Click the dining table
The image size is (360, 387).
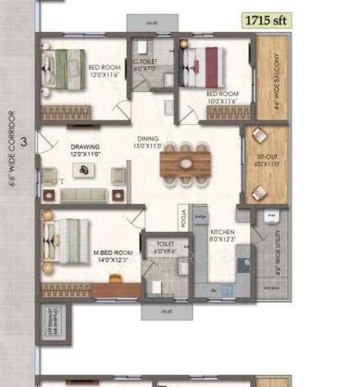pyautogui.click(x=185, y=163)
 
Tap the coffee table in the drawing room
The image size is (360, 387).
pyautogui.click(x=83, y=171)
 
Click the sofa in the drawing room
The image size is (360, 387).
pyautogui.click(x=84, y=194)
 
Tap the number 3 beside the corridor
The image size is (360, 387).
pyautogui.click(x=24, y=143)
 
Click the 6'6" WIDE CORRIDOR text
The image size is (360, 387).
pyautogui.click(x=11, y=149)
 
